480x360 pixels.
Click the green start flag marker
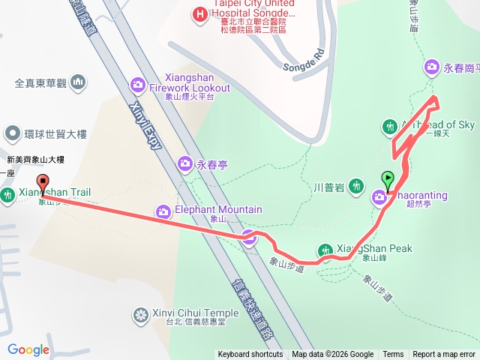[x=388, y=180]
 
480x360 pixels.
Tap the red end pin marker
[x=43, y=182]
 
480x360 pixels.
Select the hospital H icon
[x=199, y=13]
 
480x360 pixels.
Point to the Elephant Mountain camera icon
[x=163, y=212]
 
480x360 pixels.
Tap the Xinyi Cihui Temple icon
[x=140, y=313]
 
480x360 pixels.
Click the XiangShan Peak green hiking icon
[x=325, y=250]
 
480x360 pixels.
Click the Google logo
[x=28, y=349]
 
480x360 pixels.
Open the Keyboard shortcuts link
[x=250, y=355]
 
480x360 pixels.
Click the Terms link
[x=393, y=355]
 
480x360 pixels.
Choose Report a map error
[x=444, y=355]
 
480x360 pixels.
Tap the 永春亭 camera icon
[x=184, y=163]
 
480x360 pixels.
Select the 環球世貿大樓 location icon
[x=12, y=134]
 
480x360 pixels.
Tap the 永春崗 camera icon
[x=432, y=67]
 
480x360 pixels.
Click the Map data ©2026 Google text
[x=332, y=355]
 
